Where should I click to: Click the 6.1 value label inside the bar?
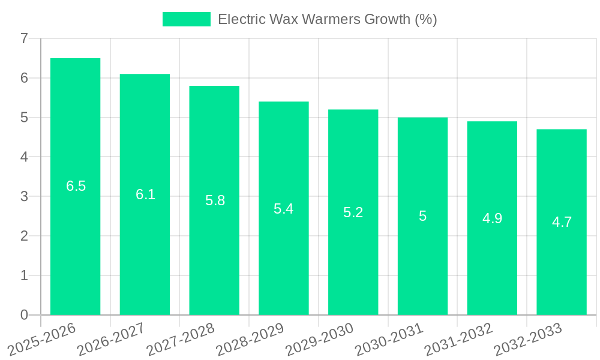point(145,194)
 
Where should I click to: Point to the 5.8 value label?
point(215,200)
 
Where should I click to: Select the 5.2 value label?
point(353,212)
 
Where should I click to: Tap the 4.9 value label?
point(492,218)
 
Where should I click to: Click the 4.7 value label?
point(562,222)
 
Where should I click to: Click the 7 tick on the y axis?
point(24,38)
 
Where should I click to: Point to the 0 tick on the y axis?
point(24,315)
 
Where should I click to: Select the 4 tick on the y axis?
point(24,157)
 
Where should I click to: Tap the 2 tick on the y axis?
point(24,236)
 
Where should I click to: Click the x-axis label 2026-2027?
point(112,339)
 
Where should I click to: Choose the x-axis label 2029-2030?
point(320,339)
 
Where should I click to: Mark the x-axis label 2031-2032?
point(459,339)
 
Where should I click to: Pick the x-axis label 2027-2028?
point(181,339)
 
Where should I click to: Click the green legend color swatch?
point(187,19)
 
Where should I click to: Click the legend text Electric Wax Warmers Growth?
point(327,19)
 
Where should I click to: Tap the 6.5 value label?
point(76,186)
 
